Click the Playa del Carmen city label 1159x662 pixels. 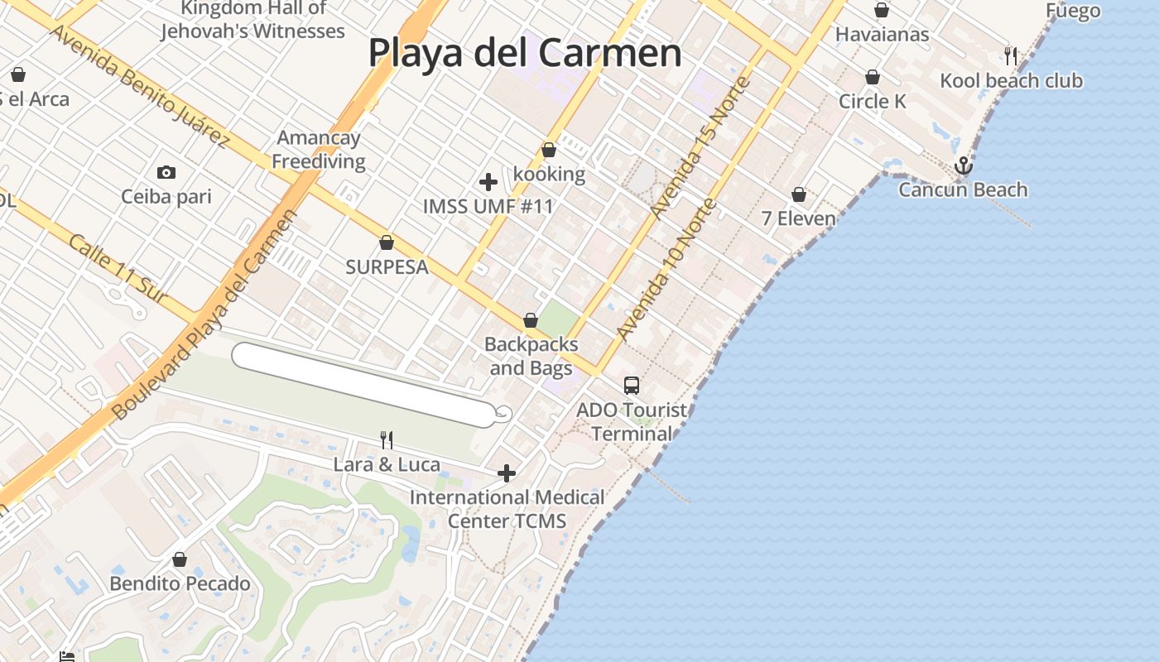coord(525,53)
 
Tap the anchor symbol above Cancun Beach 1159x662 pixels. coord(963,165)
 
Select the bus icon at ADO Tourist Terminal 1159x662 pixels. coord(632,385)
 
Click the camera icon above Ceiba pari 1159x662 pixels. coord(166,172)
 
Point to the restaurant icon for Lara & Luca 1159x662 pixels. coord(386,439)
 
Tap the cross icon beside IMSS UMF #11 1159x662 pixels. coord(488,181)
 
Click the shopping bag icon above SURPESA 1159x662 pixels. coord(386,242)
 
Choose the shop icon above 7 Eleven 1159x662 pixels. coord(799,194)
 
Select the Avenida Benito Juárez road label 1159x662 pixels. coord(139,86)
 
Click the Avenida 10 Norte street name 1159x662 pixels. coord(666,270)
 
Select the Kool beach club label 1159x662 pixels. coord(1011,80)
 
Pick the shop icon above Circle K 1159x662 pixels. coord(873,77)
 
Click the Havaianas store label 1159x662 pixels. coord(882,34)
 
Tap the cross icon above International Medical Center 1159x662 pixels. coord(507,473)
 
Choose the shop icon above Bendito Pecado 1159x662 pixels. coord(180,559)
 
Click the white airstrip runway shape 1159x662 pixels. coord(364,385)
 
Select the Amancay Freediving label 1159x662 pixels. coord(319,149)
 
